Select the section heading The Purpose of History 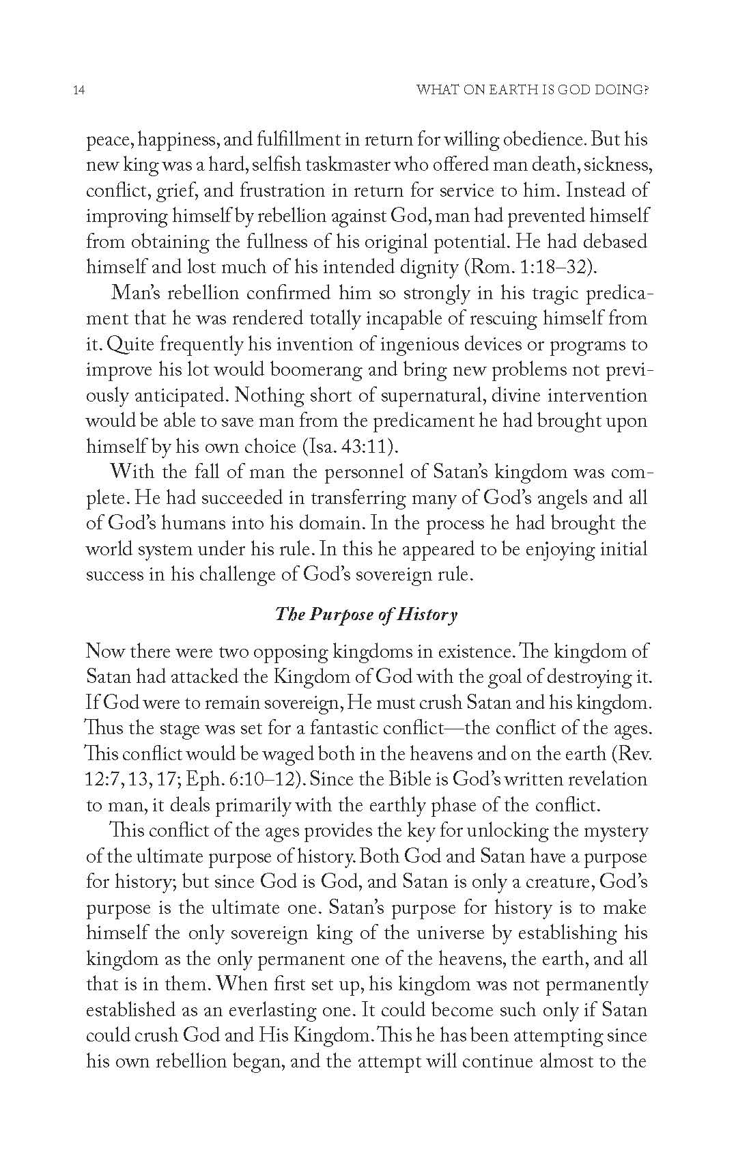(x=366, y=614)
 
